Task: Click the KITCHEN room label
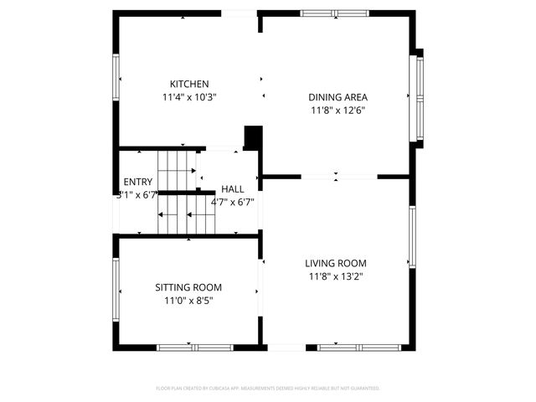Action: click(189, 84)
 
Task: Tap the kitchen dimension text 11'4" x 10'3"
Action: click(189, 97)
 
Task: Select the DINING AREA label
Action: click(338, 96)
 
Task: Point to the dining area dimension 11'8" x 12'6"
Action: click(338, 110)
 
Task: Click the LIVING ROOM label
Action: click(335, 263)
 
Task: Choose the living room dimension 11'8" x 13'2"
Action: click(335, 276)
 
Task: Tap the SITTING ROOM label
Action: click(188, 287)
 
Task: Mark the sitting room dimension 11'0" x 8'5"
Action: click(188, 301)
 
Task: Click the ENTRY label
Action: click(137, 182)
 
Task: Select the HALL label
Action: click(233, 188)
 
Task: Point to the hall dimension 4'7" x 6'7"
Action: click(233, 202)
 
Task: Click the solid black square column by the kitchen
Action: click(253, 137)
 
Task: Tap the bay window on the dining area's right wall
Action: click(416, 98)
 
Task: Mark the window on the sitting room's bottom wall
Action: click(188, 347)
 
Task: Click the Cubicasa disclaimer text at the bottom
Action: click(268, 389)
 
